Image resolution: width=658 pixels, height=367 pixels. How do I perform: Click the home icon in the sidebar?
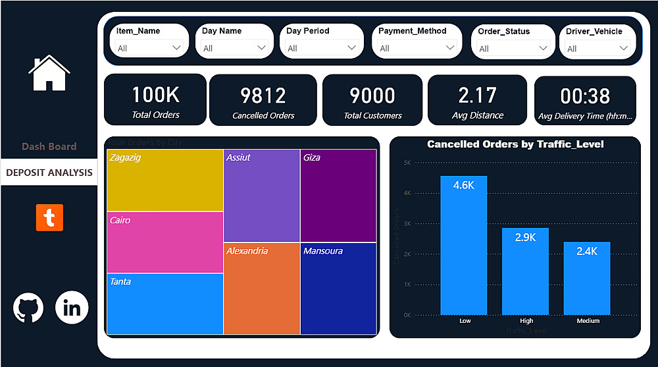coord(49,73)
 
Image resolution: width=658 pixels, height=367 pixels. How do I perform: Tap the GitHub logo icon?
coord(28,307)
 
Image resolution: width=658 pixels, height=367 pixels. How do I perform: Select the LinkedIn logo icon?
coord(72,307)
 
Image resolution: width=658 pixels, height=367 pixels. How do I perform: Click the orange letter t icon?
coord(49,217)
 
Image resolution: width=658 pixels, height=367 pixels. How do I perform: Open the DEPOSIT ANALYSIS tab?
coord(49,173)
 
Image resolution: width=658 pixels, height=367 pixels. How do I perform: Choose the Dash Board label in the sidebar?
coord(49,146)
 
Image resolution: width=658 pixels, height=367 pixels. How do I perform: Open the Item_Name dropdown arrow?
coord(176,48)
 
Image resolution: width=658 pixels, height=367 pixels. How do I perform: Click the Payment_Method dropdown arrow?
coord(450,48)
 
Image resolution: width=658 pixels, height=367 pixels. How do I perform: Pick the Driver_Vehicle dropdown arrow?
coord(623,48)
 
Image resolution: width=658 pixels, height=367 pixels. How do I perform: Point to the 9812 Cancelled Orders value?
coord(263,96)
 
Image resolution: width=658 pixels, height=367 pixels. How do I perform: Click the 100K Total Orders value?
coord(155,95)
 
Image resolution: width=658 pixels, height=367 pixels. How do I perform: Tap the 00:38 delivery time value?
coord(585,96)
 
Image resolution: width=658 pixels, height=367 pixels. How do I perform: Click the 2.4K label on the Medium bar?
coord(587,251)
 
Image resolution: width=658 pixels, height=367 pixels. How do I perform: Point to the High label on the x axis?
coord(526,321)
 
